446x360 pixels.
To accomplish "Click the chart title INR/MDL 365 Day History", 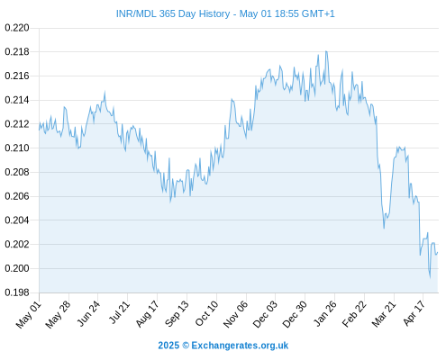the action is pyautogui.click(x=173, y=13).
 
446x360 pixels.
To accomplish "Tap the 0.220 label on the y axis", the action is pyautogui.click(x=17, y=28).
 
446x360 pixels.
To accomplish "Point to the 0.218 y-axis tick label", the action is pyautogui.click(x=17, y=52).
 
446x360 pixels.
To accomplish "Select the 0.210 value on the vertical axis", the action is pyautogui.click(x=17, y=148).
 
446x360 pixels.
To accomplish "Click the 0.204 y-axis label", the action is pyautogui.click(x=17, y=220).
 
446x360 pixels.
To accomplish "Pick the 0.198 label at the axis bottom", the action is pyautogui.click(x=17, y=292).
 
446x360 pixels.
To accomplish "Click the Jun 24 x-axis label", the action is pyautogui.click(x=87, y=313).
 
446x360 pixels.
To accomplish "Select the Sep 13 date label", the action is pyautogui.click(x=177, y=313).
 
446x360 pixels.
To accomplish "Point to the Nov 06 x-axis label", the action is pyautogui.click(x=235, y=314).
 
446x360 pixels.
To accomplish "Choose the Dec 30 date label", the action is pyautogui.click(x=295, y=314).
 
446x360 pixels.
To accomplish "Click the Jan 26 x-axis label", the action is pyautogui.click(x=324, y=313).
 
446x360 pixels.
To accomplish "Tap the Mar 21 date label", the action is pyautogui.click(x=384, y=313).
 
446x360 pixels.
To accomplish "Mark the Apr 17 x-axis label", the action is pyautogui.click(x=414, y=313).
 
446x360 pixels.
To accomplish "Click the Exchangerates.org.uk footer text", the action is pyautogui.click(x=240, y=346).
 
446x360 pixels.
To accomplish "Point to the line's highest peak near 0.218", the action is pyautogui.click(x=326, y=51).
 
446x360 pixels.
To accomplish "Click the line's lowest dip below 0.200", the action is pyautogui.click(x=430, y=277).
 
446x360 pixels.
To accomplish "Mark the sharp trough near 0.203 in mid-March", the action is pyautogui.click(x=384, y=229).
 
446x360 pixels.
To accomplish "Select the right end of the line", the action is pyautogui.click(x=438, y=252).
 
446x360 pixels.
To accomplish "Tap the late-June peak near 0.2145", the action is pyautogui.click(x=105, y=92).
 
